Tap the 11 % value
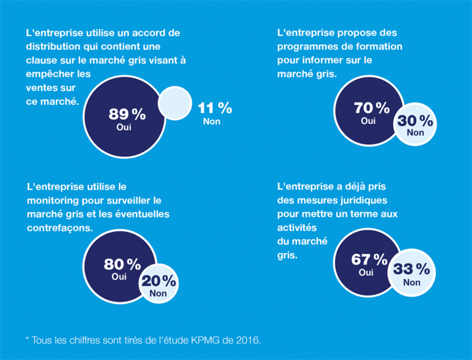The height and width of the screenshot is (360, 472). click(215, 108)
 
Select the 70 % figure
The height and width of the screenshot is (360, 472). click(372, 108)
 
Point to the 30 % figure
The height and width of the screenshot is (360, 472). click(414, 121)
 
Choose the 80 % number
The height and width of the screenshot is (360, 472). click(122, 264)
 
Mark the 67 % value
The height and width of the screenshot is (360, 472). click(369, 260)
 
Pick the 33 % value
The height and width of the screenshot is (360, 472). click(412, 269)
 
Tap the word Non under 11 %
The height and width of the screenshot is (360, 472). click(212, 121)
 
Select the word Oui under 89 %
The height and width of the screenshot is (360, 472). click(124, 127)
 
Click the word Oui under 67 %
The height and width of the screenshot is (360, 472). click(366, 272)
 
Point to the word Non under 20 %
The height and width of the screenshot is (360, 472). click(158, 294)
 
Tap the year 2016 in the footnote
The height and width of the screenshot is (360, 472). click(248, 340)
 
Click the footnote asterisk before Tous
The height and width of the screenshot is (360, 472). click(27, 340)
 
